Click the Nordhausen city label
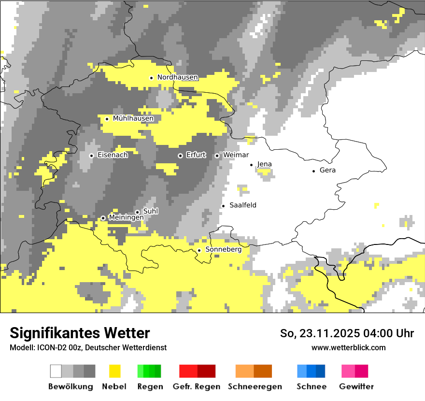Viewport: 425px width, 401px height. (177, 77)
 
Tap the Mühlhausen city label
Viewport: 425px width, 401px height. (133, 118)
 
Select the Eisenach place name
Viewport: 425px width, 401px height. (113, 155)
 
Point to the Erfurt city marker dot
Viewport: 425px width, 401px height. (180, 156)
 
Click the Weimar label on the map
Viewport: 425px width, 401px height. (236, 155)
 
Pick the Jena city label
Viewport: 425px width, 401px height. (264, 164)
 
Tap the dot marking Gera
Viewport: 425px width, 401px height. (314, 171)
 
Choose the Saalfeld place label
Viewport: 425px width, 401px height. (243, 205)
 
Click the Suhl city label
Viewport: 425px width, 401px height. (151, 211)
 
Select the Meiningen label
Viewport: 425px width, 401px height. (126, 217)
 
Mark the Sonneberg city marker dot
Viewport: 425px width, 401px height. (199, 250)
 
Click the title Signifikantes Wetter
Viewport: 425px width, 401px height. (80, 333)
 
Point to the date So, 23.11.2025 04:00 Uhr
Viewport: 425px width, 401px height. (347, 333)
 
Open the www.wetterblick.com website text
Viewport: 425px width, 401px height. (348, 347)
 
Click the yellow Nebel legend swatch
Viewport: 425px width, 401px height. (115, 371)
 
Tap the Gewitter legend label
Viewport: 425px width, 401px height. (356, 387)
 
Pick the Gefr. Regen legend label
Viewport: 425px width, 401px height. (196, 387)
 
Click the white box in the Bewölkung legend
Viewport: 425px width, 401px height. (56, 371)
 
